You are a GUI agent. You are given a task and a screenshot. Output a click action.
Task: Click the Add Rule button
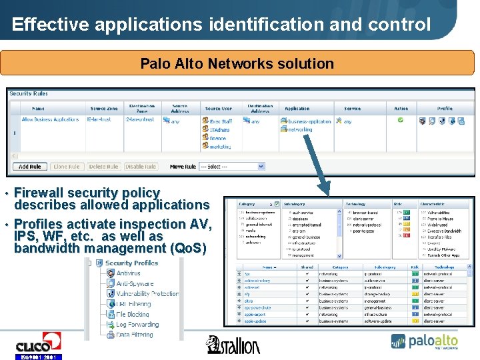coord(30,167)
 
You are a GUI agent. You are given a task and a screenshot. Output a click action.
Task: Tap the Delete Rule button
coord(103,167)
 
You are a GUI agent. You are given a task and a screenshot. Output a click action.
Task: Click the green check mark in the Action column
coord(401,121)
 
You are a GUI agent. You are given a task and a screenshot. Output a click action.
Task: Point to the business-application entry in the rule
coord(309,121)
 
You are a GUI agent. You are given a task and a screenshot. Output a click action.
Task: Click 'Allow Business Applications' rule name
coord(50,120)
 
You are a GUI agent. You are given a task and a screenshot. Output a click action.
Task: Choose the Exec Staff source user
coord(221,121)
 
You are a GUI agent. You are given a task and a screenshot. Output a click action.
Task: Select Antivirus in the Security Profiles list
coord(128,273)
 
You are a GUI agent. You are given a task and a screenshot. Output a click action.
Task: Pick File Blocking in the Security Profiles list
coord(132,314)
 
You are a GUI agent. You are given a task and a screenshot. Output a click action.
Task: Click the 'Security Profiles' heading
coord(131,263)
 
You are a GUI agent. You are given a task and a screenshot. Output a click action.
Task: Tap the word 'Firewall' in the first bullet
coord(39,193)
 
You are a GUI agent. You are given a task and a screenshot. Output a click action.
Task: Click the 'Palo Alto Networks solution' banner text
coord(237,64)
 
